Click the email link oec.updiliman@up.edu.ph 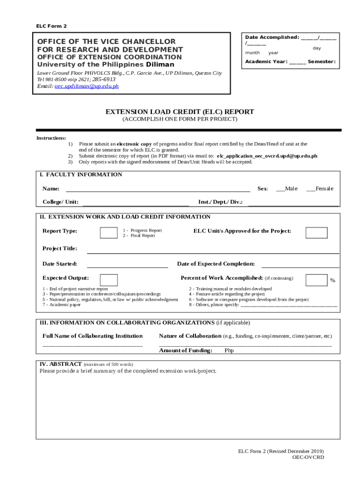[86, 86]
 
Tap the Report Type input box [108, 232]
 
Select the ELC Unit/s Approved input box [316, 232]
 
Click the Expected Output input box [108, 280]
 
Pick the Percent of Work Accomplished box [316, 280]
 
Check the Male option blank [281, 189]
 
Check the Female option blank [310, 189]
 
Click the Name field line [158, 189]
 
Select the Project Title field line [213, 250]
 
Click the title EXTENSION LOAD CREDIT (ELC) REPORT [180, 112]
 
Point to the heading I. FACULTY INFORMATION [80, 174]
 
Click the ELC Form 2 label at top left [51, 26]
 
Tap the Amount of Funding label [186, 350]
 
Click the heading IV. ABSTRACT [61, 363]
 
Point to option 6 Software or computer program [248, 299]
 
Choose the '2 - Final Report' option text [139, 236]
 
